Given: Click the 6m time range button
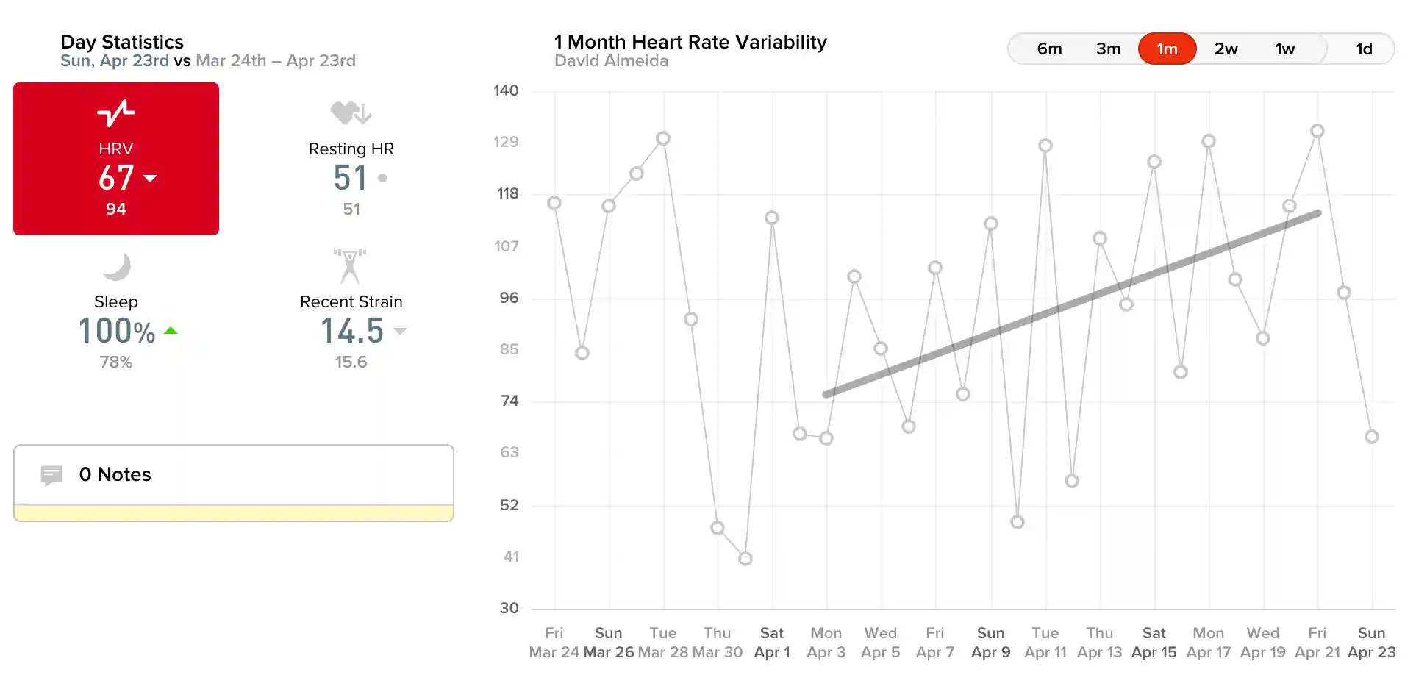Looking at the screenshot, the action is pos(1049,49).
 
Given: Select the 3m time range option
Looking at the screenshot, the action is pos(1108,49).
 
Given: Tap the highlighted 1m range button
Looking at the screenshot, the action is pos(1167,49).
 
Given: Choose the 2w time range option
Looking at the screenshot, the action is pos(1226,49).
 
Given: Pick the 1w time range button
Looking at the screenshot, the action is pos(1284,49).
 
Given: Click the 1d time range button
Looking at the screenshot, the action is pos(1364,49).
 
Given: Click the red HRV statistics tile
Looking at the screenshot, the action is pos(116,159).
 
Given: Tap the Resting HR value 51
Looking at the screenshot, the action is pos(350,178).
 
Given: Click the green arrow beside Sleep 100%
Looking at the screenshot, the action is pos(171,331).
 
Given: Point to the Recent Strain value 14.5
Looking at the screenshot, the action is pos(352,331).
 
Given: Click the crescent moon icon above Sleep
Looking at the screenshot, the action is pos(117,266).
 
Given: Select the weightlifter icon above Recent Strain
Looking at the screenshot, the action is pos(350,266).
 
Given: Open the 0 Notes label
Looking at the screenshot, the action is pos(115,474).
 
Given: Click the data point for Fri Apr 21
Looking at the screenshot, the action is pos(1317,132).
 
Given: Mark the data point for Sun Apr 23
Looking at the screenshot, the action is pos(1371,437).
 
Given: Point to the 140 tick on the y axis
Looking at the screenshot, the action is pos(506,90).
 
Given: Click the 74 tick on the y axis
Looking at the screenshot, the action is pos(509,401).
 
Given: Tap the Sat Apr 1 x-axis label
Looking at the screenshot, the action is pos(772,643).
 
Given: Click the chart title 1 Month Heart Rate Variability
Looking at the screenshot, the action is pos(690,42).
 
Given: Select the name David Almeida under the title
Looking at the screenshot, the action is pos(612,61).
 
